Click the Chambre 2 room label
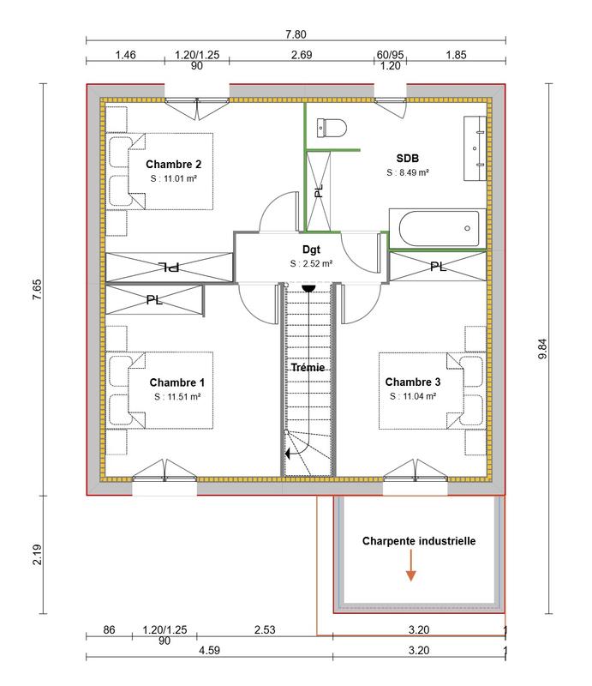tap(173, 164)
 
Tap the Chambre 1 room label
tap(176, 382)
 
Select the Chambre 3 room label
tap(413, 382)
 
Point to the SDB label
tap(407, 158)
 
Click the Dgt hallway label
tap(310, 249)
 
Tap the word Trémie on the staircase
tap(309, 368)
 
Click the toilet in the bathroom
tap(330, 127)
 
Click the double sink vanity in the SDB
tap(476, 147)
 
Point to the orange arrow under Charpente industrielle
tap(411, 569)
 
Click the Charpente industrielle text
tap(418, 541)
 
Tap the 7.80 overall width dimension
tap(295, 35)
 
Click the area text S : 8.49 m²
tap(407, 172)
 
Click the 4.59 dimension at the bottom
tap(208, 651)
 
